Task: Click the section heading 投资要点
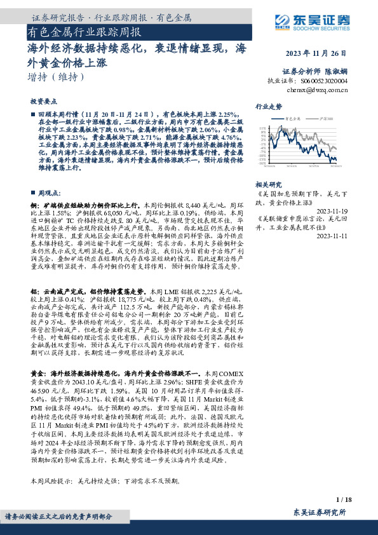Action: [x=44, y=101]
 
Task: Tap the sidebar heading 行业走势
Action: [x=268, y=106]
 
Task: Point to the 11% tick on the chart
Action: [x=263, y=127]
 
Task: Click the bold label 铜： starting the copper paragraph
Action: [x=36, y=206]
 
